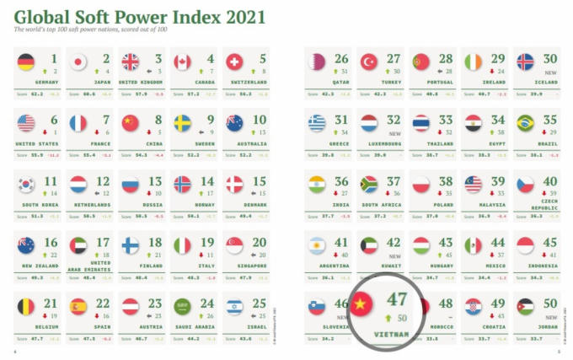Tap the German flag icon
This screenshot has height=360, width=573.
(x=25, y=62)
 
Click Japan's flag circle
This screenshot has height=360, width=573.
(x=78, y=62)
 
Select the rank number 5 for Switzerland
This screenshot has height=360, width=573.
(x=263, y=59)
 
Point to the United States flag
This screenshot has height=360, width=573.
(x=25, y=124)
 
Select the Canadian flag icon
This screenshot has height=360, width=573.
(x=182, y=62)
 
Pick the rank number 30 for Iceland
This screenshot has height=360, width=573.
(x=551, y=59)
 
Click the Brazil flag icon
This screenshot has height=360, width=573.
(x=525, y=124)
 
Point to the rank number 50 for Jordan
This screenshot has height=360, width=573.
(x=551, y=304)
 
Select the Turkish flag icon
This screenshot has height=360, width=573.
(x=368, y=62)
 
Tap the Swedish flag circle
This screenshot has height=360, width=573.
(x=182, y=124)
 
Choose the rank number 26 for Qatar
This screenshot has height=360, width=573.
(x=341, y=59)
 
